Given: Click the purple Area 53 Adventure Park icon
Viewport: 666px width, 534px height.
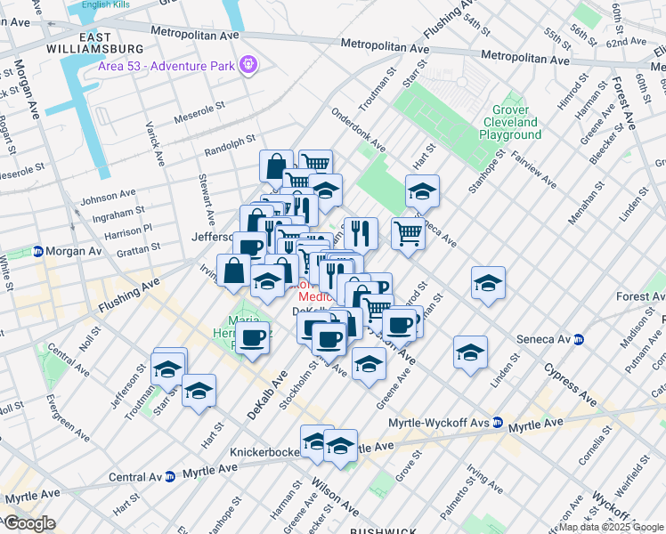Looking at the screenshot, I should pos(248,64).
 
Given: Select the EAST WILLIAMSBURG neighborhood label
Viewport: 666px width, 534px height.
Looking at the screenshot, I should pos(99,42).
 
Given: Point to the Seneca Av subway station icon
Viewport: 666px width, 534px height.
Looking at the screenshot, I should pos(579,339).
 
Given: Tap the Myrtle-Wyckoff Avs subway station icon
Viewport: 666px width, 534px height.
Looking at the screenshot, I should pos(499,423).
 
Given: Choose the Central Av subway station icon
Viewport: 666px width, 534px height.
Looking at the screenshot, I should pos(169,477).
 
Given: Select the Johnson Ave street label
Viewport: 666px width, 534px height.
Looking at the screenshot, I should pos(106,197).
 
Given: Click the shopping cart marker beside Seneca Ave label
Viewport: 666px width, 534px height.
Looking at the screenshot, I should pos(408,236).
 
